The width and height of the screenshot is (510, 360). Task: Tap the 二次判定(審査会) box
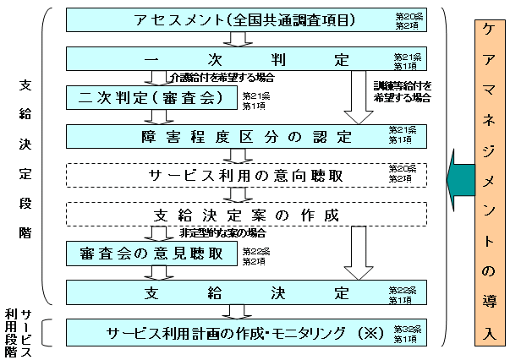[151, 98]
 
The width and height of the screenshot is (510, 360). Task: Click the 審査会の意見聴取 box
[151, 253]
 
